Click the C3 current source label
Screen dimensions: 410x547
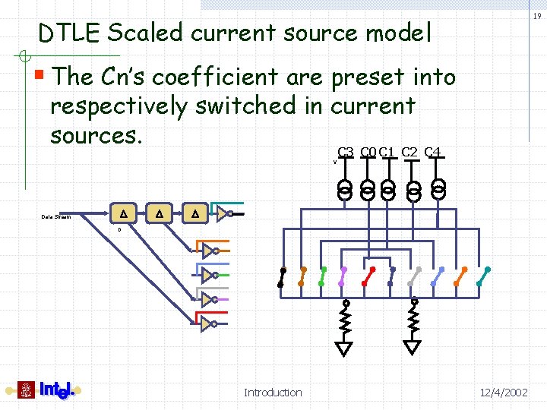click(x=346, y=152)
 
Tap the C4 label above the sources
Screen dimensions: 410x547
click(x=433, y=152)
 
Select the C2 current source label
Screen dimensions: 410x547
click(x=409, y=152)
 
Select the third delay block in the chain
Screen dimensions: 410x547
click(x=195, y=214)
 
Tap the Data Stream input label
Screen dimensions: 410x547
click(x=55, y=217)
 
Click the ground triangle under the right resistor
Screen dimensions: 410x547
click(x=413, y=348)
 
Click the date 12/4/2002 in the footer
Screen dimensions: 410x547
click(x=504, y=393)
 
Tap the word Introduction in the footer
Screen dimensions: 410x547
click(x=273, y=393)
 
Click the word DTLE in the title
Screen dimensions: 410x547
click(x=71, y=33)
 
